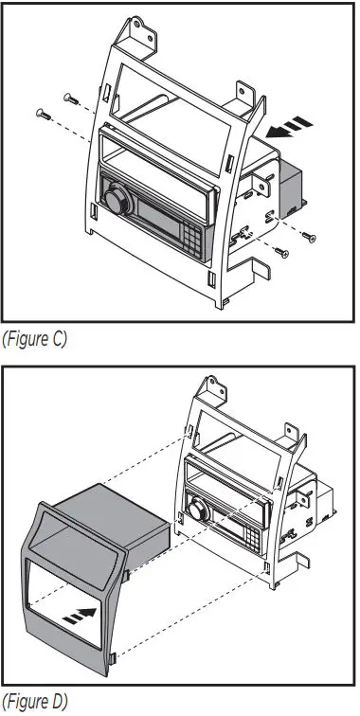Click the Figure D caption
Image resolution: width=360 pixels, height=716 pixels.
click(x=34, y=703)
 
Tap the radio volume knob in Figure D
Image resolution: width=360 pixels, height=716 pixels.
click(x=200, y=510)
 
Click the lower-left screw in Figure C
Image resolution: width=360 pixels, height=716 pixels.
click(x=43, y=115)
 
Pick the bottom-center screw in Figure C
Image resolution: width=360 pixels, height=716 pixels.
click(x=280, y=251)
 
